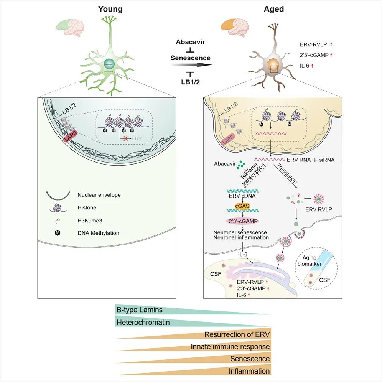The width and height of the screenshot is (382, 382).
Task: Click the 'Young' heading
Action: click(x=110, y=9)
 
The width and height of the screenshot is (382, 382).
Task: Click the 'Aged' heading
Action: click(x=274, y=9)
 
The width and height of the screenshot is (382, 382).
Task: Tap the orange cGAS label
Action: click(x=242, y=206)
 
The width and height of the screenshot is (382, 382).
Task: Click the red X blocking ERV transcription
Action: click(x=126, y=138)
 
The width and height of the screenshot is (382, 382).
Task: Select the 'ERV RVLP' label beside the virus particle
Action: click(x=319, y=209)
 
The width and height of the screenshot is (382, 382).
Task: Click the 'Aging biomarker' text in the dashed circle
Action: click(x=310, y=261)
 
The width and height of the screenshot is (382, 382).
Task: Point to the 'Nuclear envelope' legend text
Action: click(x=99, y=195)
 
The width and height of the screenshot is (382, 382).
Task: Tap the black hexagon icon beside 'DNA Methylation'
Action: click(x=58, y=233)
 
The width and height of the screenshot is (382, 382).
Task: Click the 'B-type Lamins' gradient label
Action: click(x=140, y=310)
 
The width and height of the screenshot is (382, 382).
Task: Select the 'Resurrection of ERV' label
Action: click(x=237, y=334)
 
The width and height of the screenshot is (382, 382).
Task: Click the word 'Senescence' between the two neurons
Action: click(x=190, y=58)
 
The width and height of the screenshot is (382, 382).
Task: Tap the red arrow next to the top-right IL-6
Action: click(x=312, y=66)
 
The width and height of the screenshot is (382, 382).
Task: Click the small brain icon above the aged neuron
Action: click(x=235, y=28)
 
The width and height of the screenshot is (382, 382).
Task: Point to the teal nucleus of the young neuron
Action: click(x=109, y=64)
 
